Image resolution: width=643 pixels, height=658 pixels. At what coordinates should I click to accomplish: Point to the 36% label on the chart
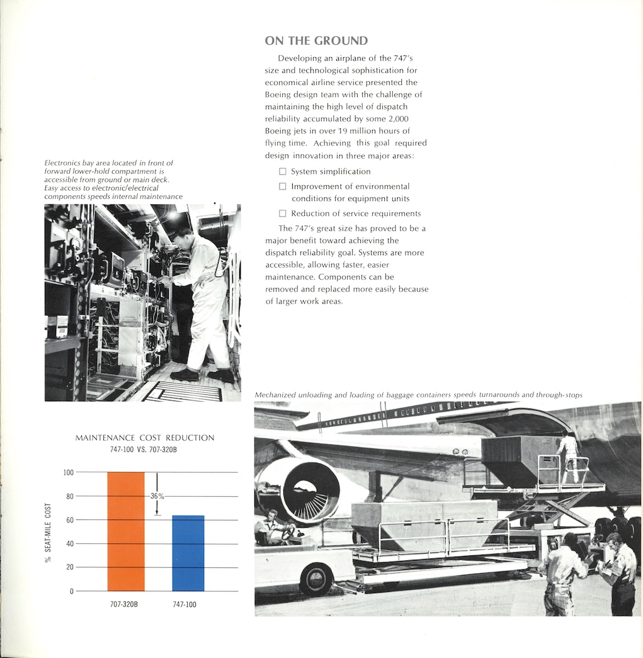click(157, 496)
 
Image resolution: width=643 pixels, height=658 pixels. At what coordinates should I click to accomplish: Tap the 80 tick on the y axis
click(69, 496)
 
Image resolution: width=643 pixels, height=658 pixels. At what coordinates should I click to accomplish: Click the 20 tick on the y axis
click(69, 567)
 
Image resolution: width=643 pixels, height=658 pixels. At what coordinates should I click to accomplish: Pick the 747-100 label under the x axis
click(188, 604)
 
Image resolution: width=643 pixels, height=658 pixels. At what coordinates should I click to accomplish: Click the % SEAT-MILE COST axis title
click(48, 532)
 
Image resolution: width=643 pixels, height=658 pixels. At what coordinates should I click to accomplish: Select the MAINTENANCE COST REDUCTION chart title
click(145, 438)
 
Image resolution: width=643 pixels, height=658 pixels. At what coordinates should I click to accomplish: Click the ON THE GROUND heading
click(316, 41)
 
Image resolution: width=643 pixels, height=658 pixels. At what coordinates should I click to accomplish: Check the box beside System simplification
click(283, 171)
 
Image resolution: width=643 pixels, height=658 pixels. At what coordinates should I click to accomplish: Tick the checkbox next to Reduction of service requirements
click(283, 213)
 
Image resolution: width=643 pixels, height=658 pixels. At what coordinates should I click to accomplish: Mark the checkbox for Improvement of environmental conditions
click(283, 186)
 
